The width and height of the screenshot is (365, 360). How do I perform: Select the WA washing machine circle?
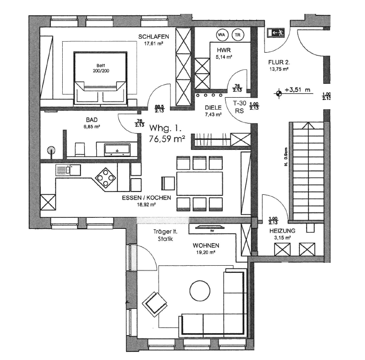point(221,34)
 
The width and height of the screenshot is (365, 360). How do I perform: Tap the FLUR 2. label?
point(278,62)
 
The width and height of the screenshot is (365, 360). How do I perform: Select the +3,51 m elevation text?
point(297,90)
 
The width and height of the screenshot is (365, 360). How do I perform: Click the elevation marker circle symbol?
point(278,93)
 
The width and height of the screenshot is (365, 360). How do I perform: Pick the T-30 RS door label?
point(239,106)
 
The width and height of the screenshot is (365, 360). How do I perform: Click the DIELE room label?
point(213,108)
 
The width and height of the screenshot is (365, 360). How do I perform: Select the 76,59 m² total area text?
point(167,139)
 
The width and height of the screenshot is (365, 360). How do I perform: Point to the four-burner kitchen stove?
point(105,178)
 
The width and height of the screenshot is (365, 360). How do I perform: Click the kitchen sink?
point(63,169)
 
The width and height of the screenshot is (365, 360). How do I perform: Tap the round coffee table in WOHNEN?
point(199,290)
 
